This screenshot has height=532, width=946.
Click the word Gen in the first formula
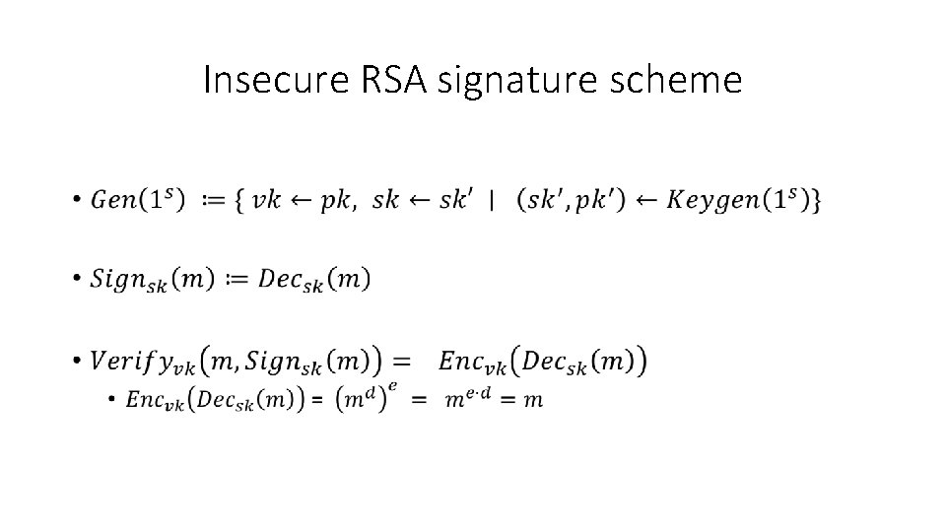113,200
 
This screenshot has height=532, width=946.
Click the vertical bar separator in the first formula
491,201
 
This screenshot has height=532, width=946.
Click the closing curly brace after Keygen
817,201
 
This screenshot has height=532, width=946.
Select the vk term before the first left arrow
265,201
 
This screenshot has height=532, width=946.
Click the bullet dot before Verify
76,364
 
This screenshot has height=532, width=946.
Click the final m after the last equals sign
533,399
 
